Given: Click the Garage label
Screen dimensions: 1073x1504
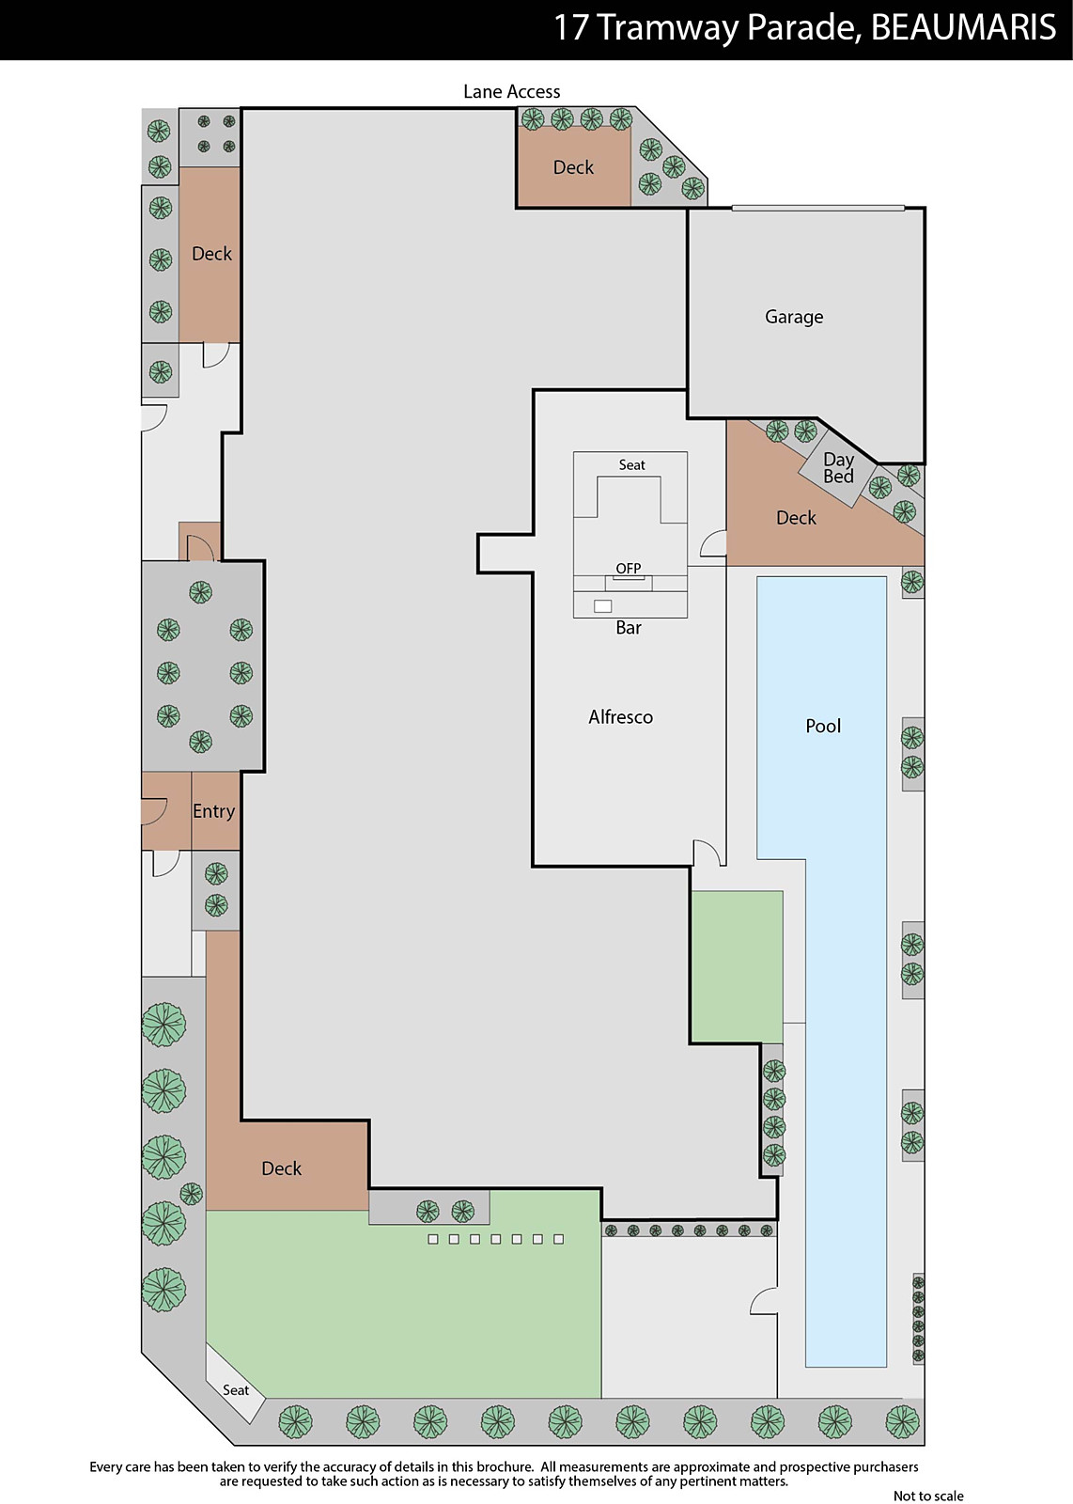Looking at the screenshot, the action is click(x=794, y=317).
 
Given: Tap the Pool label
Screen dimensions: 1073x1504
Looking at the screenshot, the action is click(x=823, y=726).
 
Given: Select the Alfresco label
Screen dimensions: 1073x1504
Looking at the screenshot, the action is click(x=621, y=717).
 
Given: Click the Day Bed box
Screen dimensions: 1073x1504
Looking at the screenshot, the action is click(x=837, y=467).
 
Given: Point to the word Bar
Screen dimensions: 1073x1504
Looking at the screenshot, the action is click(x=629, y=628).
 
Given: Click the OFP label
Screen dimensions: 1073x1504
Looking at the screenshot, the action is click(x=628, y=569).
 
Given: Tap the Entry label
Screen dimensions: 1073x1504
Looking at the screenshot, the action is click(x=213, y=812).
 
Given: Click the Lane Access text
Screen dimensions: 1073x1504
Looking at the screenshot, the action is click(x=511, y=91).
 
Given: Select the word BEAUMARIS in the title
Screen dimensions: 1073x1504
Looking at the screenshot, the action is click(x=963, y=28).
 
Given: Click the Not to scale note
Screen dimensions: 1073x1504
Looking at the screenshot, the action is click(x=928, y=1496).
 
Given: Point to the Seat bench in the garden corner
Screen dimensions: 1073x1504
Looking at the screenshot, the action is click(x=236, y=1385).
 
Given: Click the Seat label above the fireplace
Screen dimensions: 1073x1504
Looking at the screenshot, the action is click(x=631, y=464).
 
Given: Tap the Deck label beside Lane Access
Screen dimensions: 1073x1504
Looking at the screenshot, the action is click(x=573, y=167).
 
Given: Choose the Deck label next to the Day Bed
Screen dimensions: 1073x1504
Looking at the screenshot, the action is click(x=796, y=518).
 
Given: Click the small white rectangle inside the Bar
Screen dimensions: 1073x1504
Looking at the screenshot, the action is click(x=602, y=606).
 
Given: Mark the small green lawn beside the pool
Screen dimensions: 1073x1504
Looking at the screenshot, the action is click(x=737, y=966).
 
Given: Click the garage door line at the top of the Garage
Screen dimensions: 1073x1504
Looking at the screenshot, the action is click(x=818, y=208).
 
